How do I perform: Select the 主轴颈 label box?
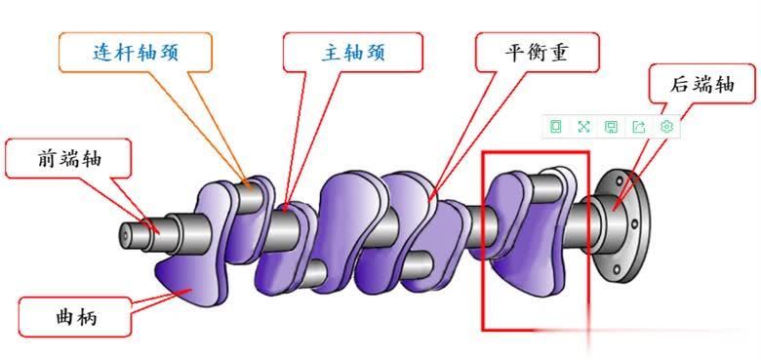(x=353, y=52)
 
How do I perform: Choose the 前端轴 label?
(x=68, y=157)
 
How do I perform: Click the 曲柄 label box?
(x=76, y=317)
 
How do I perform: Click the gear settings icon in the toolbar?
(x=667, y=126)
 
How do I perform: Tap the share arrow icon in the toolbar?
(x=639, y=126)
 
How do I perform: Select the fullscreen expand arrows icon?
(x=583, y=126)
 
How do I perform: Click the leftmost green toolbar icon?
(x=556, y=126)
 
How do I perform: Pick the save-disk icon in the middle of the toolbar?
(x=611, y=126)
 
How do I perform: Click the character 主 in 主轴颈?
(x=331, y=52)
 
